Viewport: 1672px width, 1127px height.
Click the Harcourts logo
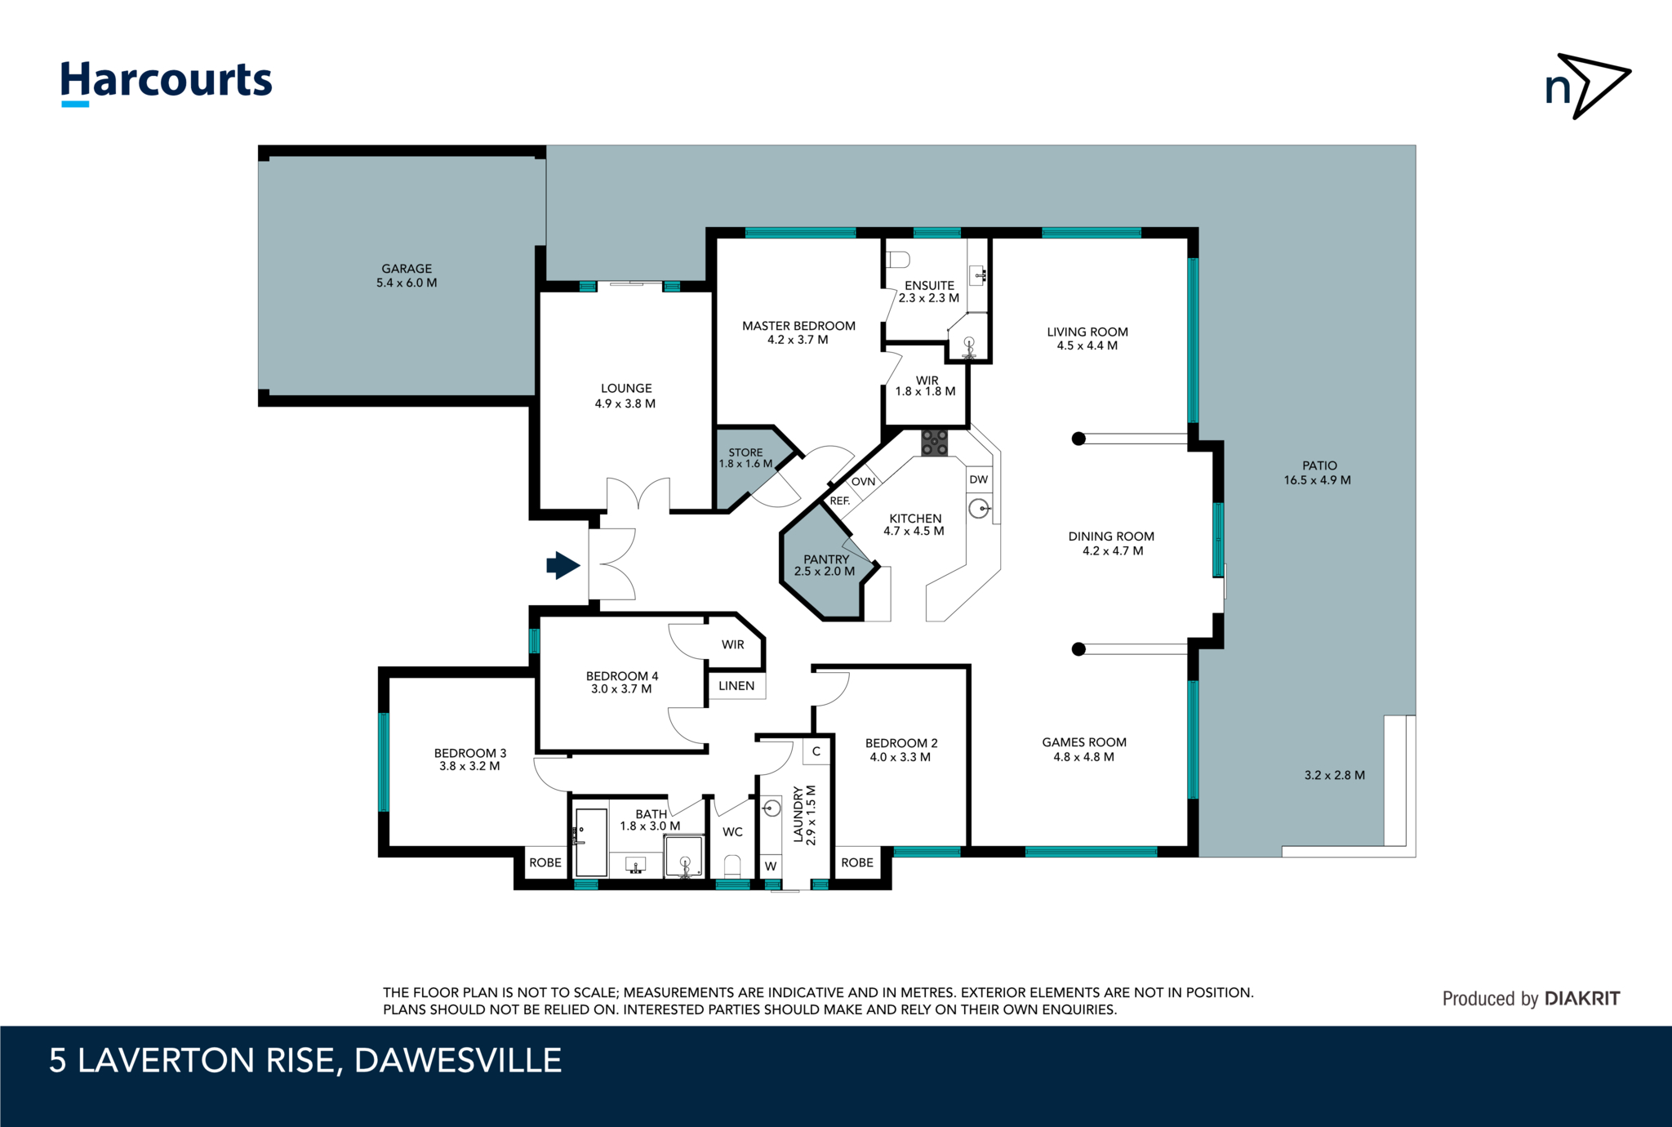(x=167, y=82)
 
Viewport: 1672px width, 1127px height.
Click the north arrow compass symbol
(x=1587, y=87)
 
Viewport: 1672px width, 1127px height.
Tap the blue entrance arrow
(x=563, y=564)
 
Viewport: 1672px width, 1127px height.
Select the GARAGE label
(x=407, y=269)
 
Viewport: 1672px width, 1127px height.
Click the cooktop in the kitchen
(x=934, y=443)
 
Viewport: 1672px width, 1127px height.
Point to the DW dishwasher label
(x=978, y=479)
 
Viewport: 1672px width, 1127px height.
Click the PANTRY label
(x=826, y=559)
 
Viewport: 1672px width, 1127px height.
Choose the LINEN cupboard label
(x=736, y=686)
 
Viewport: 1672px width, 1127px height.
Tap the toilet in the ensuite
(x=899, y=260)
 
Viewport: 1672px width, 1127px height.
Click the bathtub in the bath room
(x=591, y=841)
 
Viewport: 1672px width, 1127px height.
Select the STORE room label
(x=745, y=452)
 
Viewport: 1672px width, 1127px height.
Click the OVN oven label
(x=863, y=482)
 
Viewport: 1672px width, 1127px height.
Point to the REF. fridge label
(x=839, y=501)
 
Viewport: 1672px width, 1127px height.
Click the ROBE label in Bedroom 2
(x=857, y=862)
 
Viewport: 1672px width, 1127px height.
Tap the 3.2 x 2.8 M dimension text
(x=1334, y=775)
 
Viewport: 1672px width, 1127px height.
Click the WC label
(x=732, y=832)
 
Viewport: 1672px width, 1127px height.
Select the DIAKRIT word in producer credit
(x=1582, y=999)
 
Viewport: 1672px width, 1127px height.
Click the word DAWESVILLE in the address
(x=457, y=1061)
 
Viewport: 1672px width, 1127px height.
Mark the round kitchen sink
(x=978, y=510)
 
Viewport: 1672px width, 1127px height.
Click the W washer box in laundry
(x=770, y=866)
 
